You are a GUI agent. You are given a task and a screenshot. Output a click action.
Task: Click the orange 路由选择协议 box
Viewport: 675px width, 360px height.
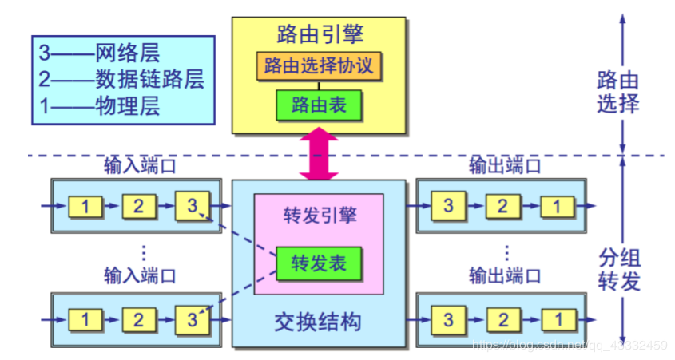pos(320,65)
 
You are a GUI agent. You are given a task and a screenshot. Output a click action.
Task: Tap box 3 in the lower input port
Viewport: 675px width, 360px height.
pos(192,320)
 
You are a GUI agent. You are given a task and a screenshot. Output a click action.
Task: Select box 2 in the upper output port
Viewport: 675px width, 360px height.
pos(502,206)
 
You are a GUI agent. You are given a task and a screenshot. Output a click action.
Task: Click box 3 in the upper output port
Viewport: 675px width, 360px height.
pos(449,206)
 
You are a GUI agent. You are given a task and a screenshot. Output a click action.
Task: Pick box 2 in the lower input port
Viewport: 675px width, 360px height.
pos(138,320)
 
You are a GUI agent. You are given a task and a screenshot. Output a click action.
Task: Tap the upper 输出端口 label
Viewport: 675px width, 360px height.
pos(505,166)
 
